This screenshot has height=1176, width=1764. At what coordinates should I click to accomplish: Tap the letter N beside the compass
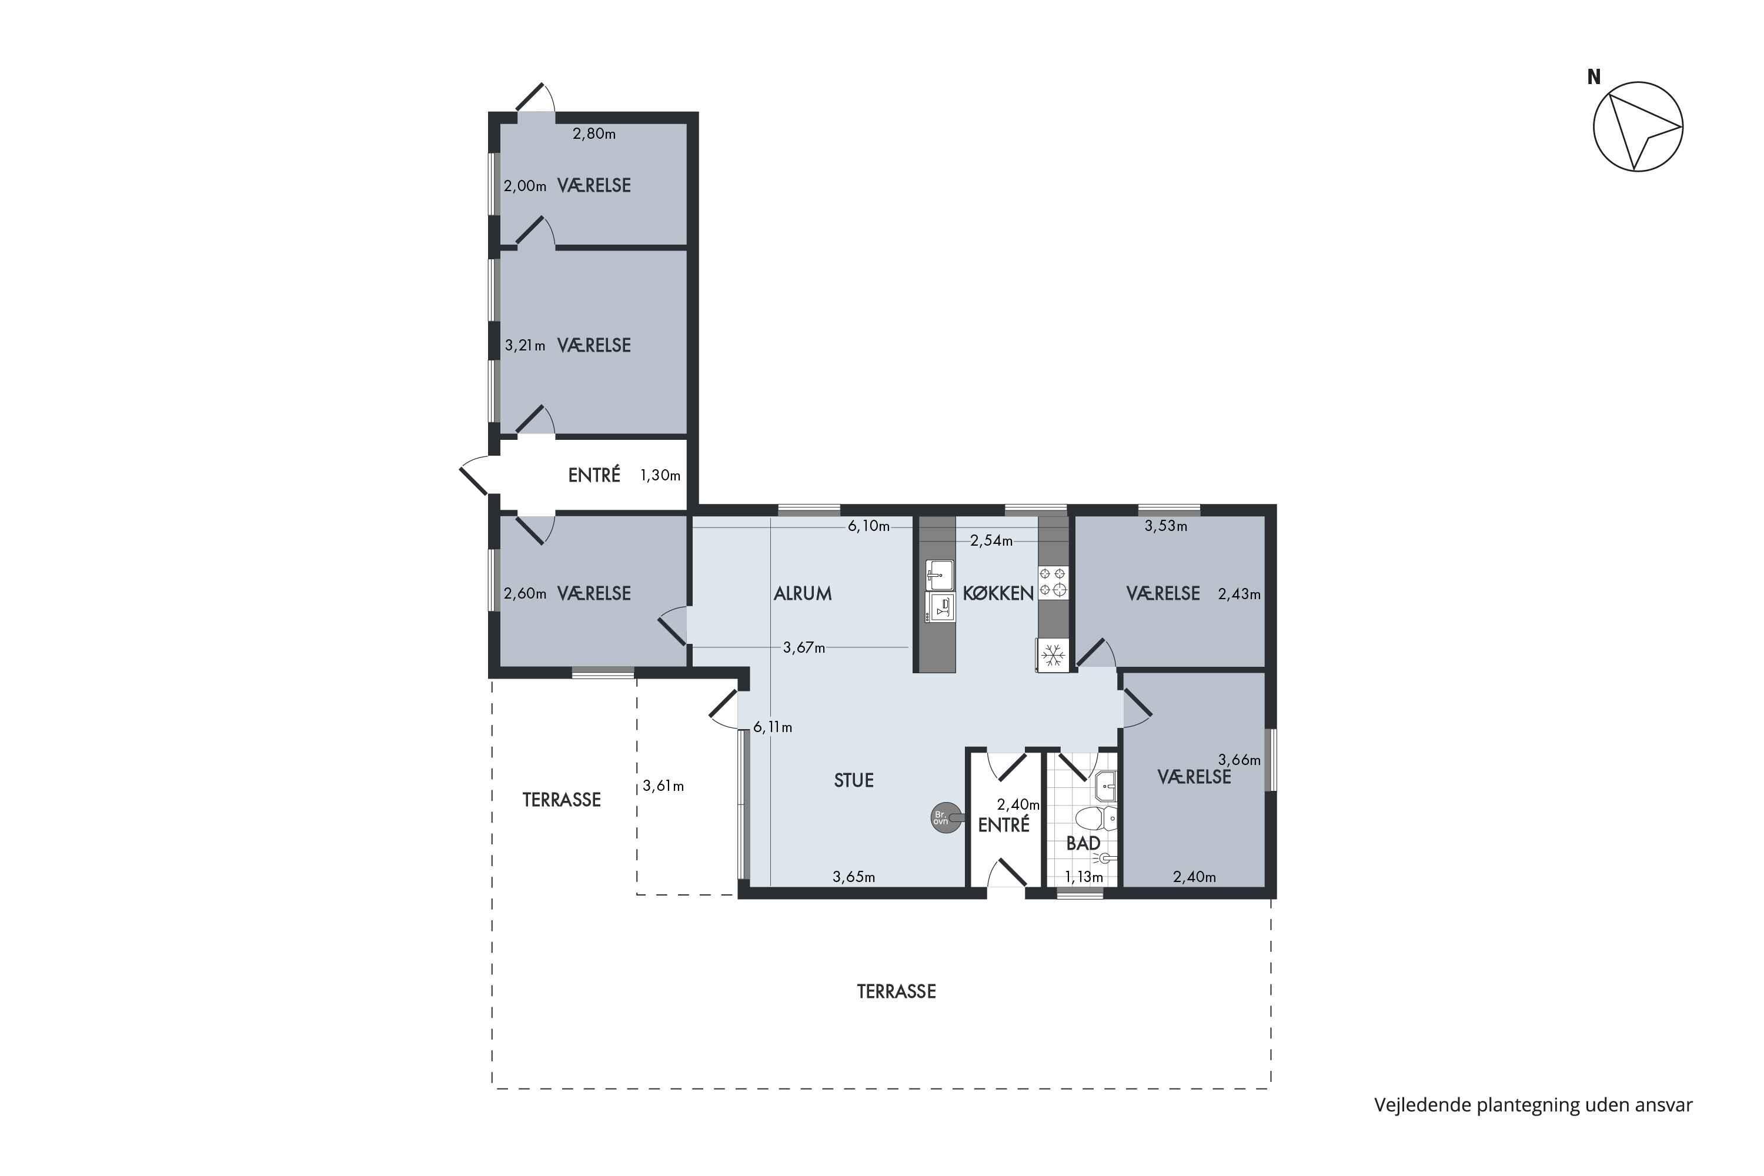1593,77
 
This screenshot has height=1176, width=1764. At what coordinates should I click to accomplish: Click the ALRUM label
803,593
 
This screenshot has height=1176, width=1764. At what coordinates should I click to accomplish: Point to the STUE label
854,780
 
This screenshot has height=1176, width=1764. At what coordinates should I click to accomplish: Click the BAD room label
1083,843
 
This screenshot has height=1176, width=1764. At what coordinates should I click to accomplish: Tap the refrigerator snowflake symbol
1054,655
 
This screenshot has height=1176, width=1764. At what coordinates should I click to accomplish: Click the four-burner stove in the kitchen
1053,582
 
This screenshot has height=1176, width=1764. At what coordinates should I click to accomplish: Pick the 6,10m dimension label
868,526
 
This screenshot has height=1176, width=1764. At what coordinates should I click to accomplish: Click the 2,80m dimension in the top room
594,134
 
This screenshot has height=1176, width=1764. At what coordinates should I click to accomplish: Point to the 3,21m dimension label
524,346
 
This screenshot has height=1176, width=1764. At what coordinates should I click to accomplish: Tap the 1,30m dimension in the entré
660,476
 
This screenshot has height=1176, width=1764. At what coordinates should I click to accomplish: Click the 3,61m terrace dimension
663,786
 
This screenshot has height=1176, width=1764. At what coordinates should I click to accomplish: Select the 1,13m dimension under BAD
1084,877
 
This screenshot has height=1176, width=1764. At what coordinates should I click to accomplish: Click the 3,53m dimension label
1165,526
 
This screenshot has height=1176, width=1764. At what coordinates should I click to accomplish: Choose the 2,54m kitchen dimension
991,541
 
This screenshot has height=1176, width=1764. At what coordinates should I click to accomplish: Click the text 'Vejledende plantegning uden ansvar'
1533,1105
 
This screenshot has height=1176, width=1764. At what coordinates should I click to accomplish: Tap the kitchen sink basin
939,574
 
